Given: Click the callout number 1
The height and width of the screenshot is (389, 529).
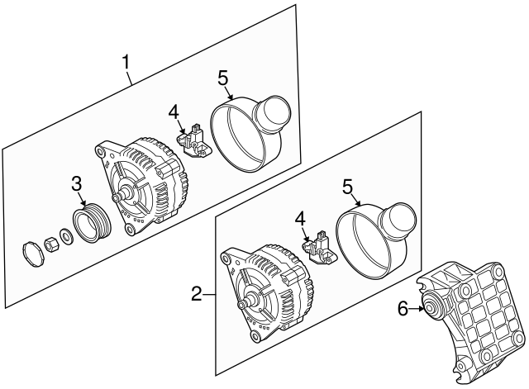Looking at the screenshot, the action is point(126,62).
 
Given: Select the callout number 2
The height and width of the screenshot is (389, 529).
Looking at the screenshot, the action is point(197,294).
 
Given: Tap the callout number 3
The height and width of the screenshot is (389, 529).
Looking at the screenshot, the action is point(77,184).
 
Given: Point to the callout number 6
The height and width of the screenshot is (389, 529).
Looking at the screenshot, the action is point(403,308).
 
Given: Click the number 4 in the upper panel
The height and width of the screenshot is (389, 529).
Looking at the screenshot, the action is point(174,111).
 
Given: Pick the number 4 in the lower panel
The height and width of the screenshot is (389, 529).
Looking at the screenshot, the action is point(300,220).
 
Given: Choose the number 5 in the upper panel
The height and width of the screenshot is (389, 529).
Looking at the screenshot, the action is point(222,78).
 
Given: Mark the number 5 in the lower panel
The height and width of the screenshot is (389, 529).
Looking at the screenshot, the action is point(347,187).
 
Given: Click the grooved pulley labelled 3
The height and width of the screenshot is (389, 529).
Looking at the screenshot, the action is point(93,223).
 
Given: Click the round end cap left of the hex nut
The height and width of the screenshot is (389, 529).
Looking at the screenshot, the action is point(33,254).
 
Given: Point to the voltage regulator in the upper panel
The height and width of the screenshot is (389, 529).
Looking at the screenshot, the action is point(193,141).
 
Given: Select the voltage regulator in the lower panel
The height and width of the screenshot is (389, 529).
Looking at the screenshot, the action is point(319,248).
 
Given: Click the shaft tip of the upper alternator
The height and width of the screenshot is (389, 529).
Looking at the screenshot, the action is point(117,197).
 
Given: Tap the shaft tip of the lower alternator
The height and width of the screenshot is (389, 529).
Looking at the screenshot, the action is point(241,305).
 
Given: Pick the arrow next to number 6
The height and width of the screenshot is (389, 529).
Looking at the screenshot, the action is point(416,308).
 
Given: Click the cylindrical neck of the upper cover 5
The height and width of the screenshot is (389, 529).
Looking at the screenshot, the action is point(274,112).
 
